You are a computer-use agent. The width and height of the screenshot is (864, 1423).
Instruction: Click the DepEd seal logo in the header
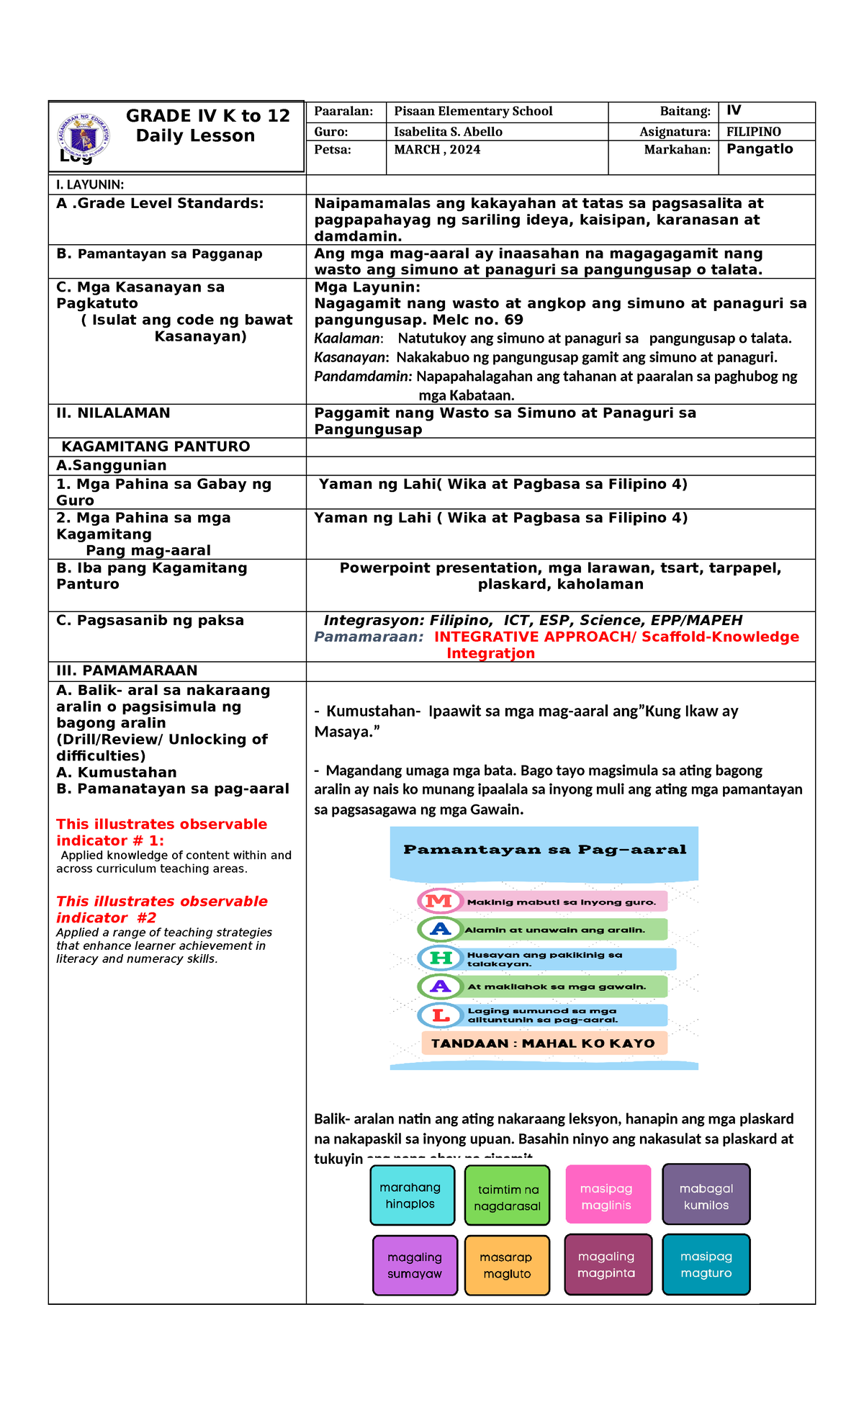[x=84, y=135]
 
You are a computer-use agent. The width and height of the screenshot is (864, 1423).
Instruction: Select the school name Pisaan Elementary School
[x=473, y=112]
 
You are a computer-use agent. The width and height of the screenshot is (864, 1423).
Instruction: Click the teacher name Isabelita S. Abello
[x=448, y=132]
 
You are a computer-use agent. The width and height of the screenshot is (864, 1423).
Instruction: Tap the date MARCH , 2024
[x=437, y=150]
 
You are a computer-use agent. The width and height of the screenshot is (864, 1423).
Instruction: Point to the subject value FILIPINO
[x=753, y=132]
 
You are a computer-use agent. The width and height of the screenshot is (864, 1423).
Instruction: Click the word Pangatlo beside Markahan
[x=759, y=149]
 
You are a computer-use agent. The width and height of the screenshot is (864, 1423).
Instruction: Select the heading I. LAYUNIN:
[x=90, y=185]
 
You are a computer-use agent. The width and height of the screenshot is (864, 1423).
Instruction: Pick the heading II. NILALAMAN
[x=113, y=413]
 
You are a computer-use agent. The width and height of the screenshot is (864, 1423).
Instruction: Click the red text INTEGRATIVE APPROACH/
[x=535, y=637]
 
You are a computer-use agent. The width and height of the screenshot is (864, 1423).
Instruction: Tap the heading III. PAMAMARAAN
[x=127, y=670]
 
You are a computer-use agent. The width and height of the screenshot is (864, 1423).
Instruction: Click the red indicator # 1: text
[x=110, y=840]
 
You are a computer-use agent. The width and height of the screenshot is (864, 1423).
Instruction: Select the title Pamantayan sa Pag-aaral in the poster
[x=544, y=850]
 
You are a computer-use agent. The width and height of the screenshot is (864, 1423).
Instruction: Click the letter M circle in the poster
[x=439, y=901]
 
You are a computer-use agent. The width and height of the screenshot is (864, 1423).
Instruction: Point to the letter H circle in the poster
[x=440, y=958]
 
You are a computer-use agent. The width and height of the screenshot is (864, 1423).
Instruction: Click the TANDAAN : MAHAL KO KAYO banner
[x=544, y=1043]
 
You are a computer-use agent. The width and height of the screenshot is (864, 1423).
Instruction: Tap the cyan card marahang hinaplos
[x=412, y=1195]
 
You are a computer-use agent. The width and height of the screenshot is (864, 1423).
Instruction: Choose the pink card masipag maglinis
[x=608, y=1195]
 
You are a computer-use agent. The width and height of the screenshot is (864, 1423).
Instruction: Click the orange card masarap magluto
[x=507, y=1265]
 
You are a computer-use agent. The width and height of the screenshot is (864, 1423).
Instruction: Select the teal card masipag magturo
[x=706, y=1265]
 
